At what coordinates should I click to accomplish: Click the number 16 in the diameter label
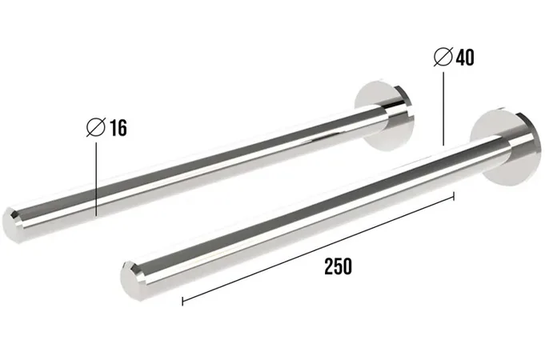(x=118, y=127)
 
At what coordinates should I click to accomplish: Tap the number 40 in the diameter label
(x=465, y=58)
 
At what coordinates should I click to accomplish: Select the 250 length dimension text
(x=339, y=266)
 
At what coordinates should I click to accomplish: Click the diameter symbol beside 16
(x=96, y=127)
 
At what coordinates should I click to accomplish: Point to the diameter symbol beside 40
(x=443, y=56)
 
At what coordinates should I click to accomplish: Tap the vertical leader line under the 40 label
(x=443, y=109)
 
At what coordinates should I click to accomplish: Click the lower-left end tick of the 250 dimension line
(x=182, y=301)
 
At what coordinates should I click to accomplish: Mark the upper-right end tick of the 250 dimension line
(x=454, y=196)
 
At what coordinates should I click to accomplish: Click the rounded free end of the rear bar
(x=11, y=225)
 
